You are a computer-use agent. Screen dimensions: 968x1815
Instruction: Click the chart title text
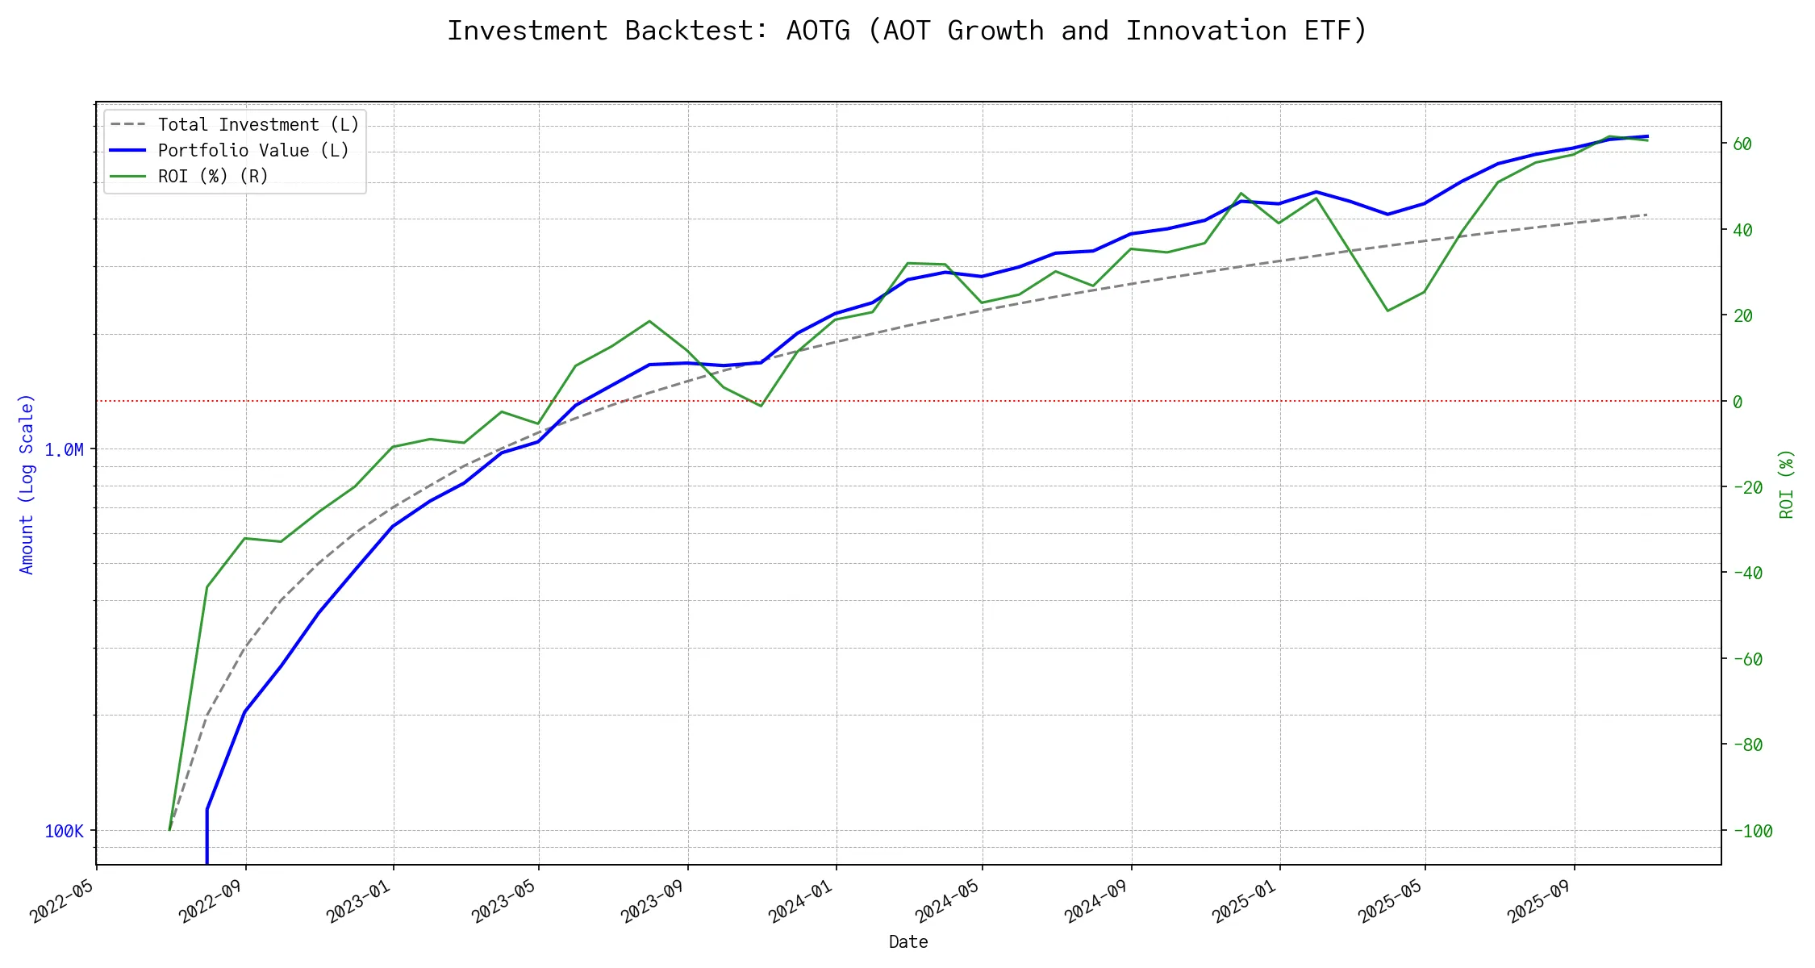point(907,31)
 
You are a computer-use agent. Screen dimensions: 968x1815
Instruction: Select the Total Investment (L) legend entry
point(257,125)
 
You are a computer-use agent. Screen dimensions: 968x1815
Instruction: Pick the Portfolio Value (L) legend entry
point(252,151)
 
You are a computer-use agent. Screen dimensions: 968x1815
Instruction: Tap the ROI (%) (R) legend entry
point(212,177)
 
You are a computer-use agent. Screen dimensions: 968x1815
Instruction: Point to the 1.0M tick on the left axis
point(64,450)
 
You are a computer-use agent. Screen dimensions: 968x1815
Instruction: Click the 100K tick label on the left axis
point(64,832)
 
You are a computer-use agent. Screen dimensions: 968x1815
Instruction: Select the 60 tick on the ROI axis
point(1742,144)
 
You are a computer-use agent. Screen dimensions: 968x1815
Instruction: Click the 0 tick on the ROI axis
point(1738,402)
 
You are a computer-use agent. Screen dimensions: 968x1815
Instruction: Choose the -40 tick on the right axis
point(1747,574)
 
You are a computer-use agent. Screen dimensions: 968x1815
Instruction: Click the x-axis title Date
point(907,942)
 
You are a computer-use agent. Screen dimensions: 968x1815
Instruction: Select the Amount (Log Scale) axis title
point(27,484)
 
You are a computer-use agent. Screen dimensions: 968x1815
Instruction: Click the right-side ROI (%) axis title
point(1787,484)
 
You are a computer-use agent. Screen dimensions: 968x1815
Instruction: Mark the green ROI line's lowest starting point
point(169,829)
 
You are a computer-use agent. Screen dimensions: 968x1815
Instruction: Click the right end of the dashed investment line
point(1646,215)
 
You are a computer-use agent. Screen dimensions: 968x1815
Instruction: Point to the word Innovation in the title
point(1206,31)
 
